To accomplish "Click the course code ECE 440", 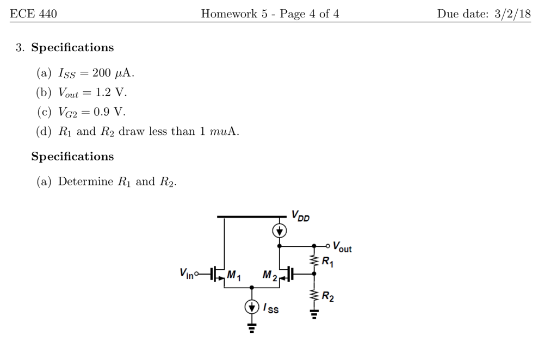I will point(33,14).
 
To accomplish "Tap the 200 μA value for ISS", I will point(113,73).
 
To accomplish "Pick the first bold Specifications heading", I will point(72,48).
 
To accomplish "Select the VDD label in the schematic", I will point(301,215).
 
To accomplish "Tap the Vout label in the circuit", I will point(342,247).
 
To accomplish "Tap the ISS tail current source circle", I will point(251,307).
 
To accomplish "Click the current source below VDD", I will point(280,231).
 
